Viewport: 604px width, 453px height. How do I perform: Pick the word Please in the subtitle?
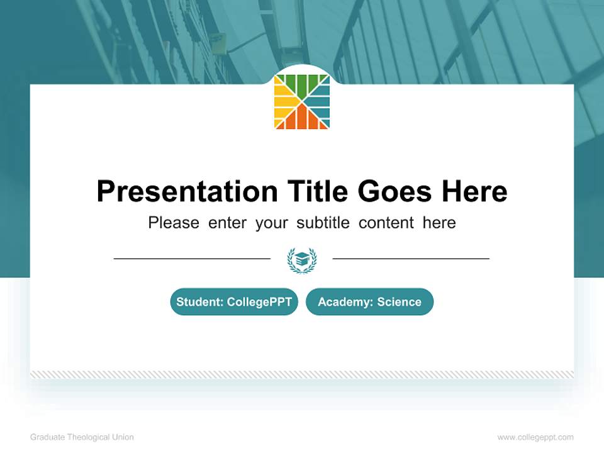tap(174, 223)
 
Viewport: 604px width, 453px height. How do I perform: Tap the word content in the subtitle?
tap(387, 223)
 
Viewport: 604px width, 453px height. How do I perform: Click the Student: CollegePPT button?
tap(234, 302)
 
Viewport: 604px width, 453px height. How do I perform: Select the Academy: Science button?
tap(369, 302)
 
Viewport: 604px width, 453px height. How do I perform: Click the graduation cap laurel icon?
tap(302, 259)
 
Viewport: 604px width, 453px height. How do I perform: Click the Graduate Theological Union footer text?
tap(82, 437)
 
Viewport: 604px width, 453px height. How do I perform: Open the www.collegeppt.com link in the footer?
tap(535, 437)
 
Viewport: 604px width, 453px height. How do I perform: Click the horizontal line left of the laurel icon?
tap(192, 259)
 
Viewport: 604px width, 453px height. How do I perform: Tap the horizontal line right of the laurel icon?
tap(411, 259)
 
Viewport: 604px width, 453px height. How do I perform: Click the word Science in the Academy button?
tap(399, 302)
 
